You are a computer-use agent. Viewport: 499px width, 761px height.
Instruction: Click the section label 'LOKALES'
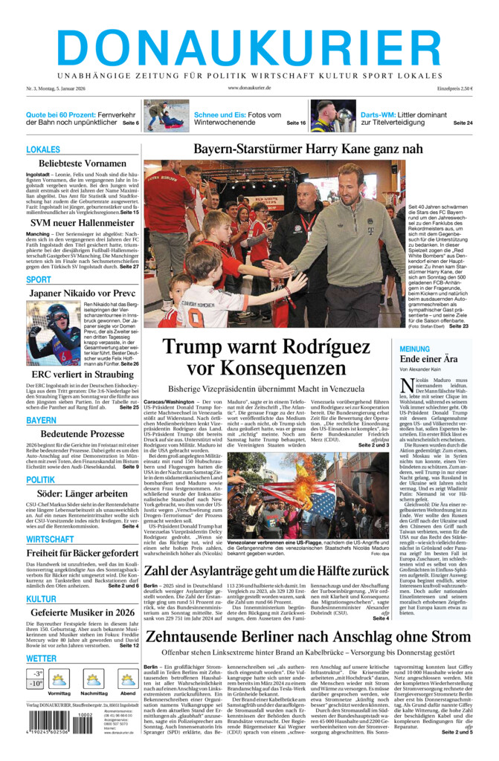[x=43, y=149]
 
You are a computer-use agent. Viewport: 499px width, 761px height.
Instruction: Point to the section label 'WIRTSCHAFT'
[x=50, y=539]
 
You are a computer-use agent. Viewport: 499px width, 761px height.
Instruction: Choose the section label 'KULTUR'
[x=41, y=599]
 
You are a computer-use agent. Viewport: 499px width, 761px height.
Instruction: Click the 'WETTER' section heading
[x=42, y=658]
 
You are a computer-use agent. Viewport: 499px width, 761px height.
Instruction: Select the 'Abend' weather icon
[x=128, y=680]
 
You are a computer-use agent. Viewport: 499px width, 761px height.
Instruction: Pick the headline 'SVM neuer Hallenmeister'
[x=83, y=222]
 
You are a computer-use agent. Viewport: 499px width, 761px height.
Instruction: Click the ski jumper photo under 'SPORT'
[x=53, y=333]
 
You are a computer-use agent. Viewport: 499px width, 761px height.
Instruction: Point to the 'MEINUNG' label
[x=415, y=349]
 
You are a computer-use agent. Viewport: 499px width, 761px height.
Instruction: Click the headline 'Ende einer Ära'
[x=428, y=360]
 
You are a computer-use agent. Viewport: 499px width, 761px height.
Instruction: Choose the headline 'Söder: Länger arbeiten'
[x=83, y=493]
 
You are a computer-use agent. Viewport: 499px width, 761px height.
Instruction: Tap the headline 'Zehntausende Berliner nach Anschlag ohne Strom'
[x=308, y=637]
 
